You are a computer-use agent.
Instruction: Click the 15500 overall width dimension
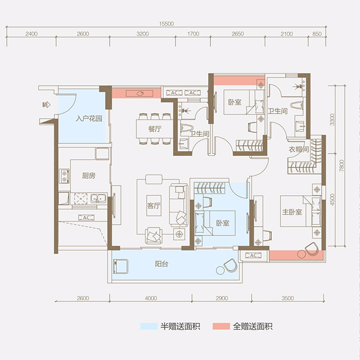[166, 24]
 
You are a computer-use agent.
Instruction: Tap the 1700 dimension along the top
[193, 34]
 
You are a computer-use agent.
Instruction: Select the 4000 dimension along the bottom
[151, 298]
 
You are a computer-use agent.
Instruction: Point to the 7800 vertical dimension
[341, 165]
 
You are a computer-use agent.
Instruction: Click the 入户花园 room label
[89, 119]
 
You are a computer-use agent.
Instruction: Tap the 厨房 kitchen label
[89, 175]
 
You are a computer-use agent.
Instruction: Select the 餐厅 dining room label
[155, 129]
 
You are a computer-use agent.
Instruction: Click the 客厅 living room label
[154, 205]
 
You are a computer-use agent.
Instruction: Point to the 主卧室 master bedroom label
[292, 211]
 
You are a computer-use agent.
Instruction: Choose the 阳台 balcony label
[161, 264]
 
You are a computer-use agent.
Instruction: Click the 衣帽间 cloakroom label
[299, 150]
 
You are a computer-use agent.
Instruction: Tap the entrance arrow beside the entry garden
[46, 105]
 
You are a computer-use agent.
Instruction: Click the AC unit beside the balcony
[253, 255]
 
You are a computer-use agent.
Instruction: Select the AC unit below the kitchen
[86, 217]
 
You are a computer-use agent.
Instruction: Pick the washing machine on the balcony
[121, 266]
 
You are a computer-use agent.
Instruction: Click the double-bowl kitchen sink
[98, 199]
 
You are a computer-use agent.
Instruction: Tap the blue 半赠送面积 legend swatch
[148, 326]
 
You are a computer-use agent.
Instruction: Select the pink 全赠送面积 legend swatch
[221, 326]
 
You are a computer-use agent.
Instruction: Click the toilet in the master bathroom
[297, 105]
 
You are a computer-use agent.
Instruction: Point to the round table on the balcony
[220, 270]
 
